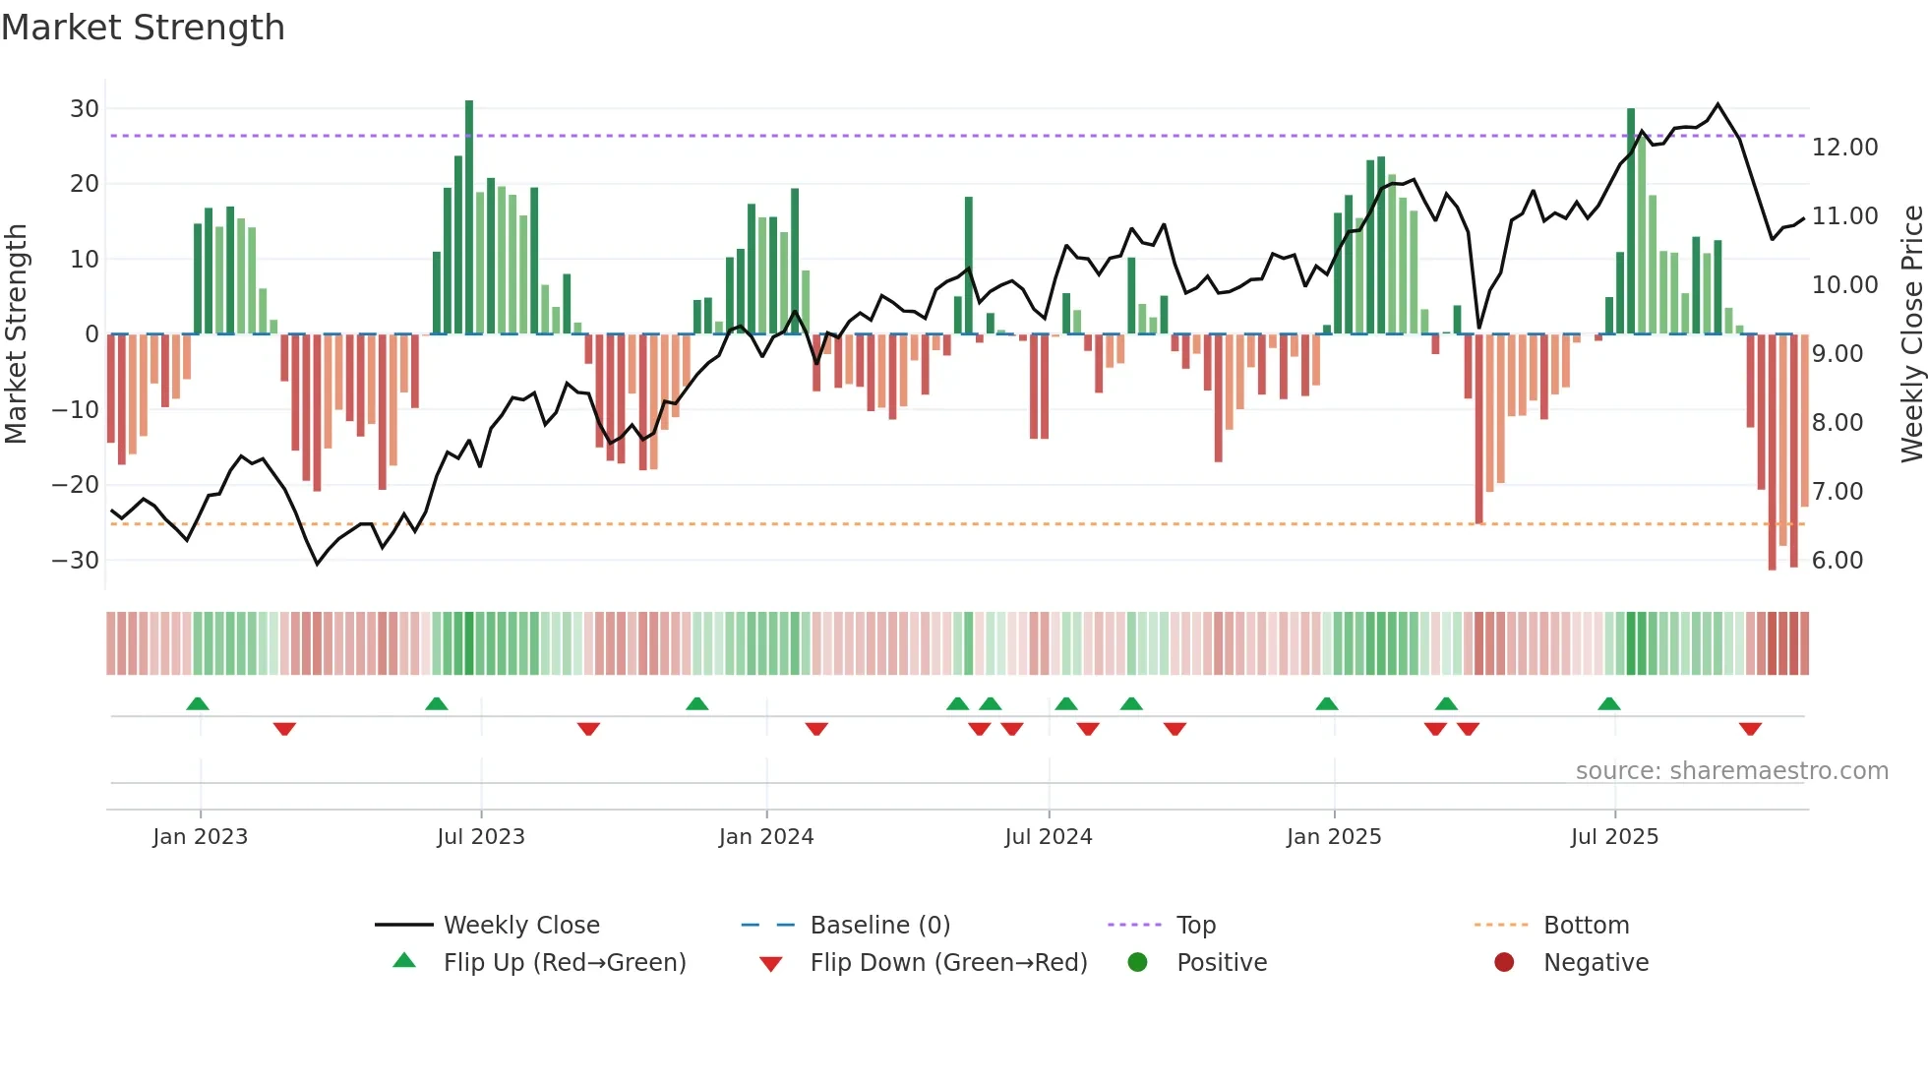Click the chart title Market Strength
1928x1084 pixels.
(x=143, y=28)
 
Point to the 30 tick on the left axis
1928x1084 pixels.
(x=85, y=109)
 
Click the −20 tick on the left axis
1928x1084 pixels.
(x=76, y=485)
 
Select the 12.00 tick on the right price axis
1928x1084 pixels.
(x=1844, y=148)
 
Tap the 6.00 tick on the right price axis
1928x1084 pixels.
(x=1837, y=561)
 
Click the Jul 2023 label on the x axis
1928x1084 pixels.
(x=481, y=837)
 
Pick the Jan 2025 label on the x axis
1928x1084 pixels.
(x=1333, y=837)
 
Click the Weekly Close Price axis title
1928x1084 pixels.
(x=1911, y=334)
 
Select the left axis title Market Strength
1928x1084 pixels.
(x=16, y=334)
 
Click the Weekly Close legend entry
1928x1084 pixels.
(x=520, y=926)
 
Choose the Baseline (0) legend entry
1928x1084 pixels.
(x=879, y=926)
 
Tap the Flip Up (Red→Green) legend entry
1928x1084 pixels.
(x=564, y=963)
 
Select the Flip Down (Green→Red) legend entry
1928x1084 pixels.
(x=948, y=963)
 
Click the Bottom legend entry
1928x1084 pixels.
(x=1586, y=926)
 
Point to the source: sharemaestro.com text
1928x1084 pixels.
(x=1731, y=771)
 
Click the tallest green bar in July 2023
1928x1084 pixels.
(x=469, y=216)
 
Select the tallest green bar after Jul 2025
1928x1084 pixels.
(x=1631, y=221)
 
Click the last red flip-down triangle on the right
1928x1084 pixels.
(x=1750, y=729)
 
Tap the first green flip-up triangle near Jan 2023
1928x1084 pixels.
(x=198, y=703)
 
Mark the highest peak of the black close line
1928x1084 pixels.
(x=1717, y=104)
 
